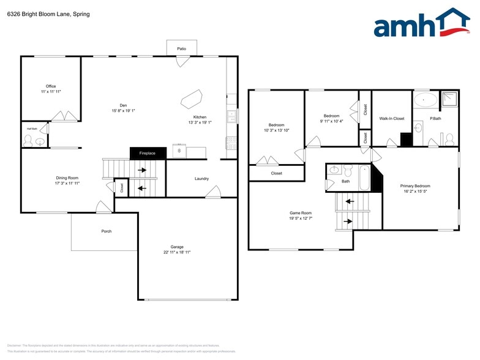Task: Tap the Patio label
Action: (182, 48)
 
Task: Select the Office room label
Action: (51, 86)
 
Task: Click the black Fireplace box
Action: (148, 153)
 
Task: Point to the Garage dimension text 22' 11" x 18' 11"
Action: (177, 252)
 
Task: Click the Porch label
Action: (107, 231)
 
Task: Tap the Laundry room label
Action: (202, 179)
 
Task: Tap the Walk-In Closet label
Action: (392, 118)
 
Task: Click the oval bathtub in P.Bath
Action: (426, 99)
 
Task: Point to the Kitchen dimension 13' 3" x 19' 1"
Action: (200, 122)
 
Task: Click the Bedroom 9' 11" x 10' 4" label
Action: (331, 116)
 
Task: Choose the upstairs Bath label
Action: (346, 181)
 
